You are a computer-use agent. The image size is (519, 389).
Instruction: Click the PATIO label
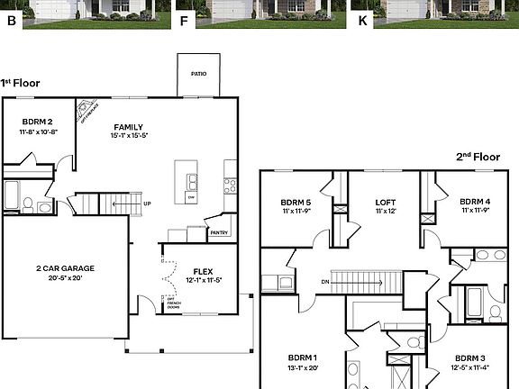click(198, 75)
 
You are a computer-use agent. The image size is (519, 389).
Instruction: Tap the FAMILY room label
click(130, 126)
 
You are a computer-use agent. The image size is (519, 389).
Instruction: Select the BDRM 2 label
click(37, 122)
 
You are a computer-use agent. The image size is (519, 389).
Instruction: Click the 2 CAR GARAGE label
click(65, 267)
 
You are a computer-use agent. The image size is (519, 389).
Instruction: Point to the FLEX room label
click(202, 270)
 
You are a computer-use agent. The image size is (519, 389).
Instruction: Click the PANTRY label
click(218, 232)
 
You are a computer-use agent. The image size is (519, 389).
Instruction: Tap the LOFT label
click(385, 202)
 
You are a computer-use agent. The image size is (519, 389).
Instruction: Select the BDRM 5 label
click(295, 202)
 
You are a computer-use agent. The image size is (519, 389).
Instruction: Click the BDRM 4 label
click(475, 202)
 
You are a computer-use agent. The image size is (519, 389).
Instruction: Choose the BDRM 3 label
click(469, 357)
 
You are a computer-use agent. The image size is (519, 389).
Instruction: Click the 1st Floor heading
click(20, 83)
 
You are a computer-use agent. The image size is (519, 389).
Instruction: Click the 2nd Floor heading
click(477, 156)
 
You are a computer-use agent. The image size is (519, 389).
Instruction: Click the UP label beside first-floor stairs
click(147, 204)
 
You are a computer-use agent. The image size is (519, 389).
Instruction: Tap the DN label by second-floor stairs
click(324, 282)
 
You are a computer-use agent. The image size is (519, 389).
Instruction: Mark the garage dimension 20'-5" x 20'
click(65, 278)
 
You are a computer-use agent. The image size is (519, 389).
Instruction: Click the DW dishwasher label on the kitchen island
click(191, 195)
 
